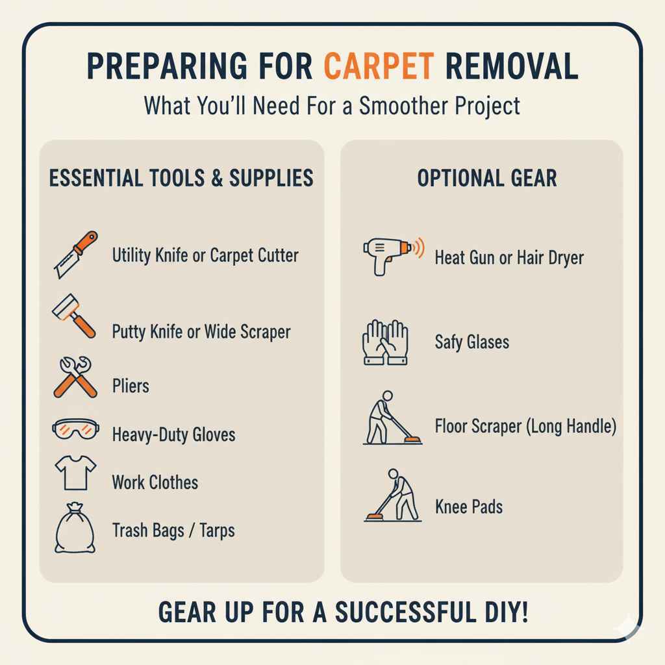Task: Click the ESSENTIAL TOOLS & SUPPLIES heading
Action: (181, 178)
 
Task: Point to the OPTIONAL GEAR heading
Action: (486, 179)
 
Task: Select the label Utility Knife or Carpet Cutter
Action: (205, 255)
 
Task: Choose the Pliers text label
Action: (131, 386)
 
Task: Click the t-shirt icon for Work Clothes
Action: (75, 472)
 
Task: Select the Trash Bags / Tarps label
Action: (173, 531)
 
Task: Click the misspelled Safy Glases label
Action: (471, 342)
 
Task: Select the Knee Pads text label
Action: (468, 507)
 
